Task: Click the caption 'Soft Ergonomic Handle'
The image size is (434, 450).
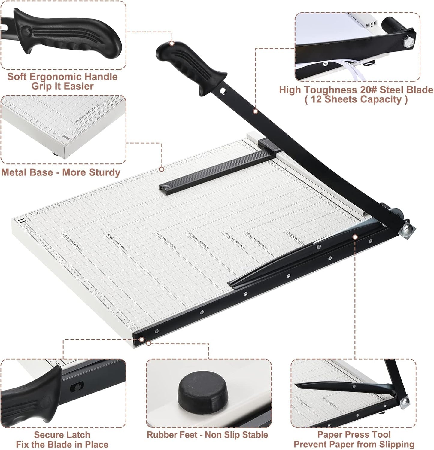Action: click(x=62, y=77)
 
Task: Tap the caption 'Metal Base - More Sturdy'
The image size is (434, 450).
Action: click(x=60, y=172)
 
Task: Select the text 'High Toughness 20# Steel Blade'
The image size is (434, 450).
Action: click(x=356, y=90)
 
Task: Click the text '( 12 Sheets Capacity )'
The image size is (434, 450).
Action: click(x=356, y=99)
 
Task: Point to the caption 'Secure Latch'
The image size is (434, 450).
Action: click(x=62, y=435)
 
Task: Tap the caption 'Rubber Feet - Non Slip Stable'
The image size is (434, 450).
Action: click(x=207, y=435)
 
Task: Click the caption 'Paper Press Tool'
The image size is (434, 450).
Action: click(x=354, y=434)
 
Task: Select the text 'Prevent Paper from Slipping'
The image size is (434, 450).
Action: click(x=354, y=444)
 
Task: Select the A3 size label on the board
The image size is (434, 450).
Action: click(x=72, y=242)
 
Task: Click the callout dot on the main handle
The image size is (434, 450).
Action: click(x=171, y=43)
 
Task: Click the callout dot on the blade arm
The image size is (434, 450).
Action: click(x=255, y=111)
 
